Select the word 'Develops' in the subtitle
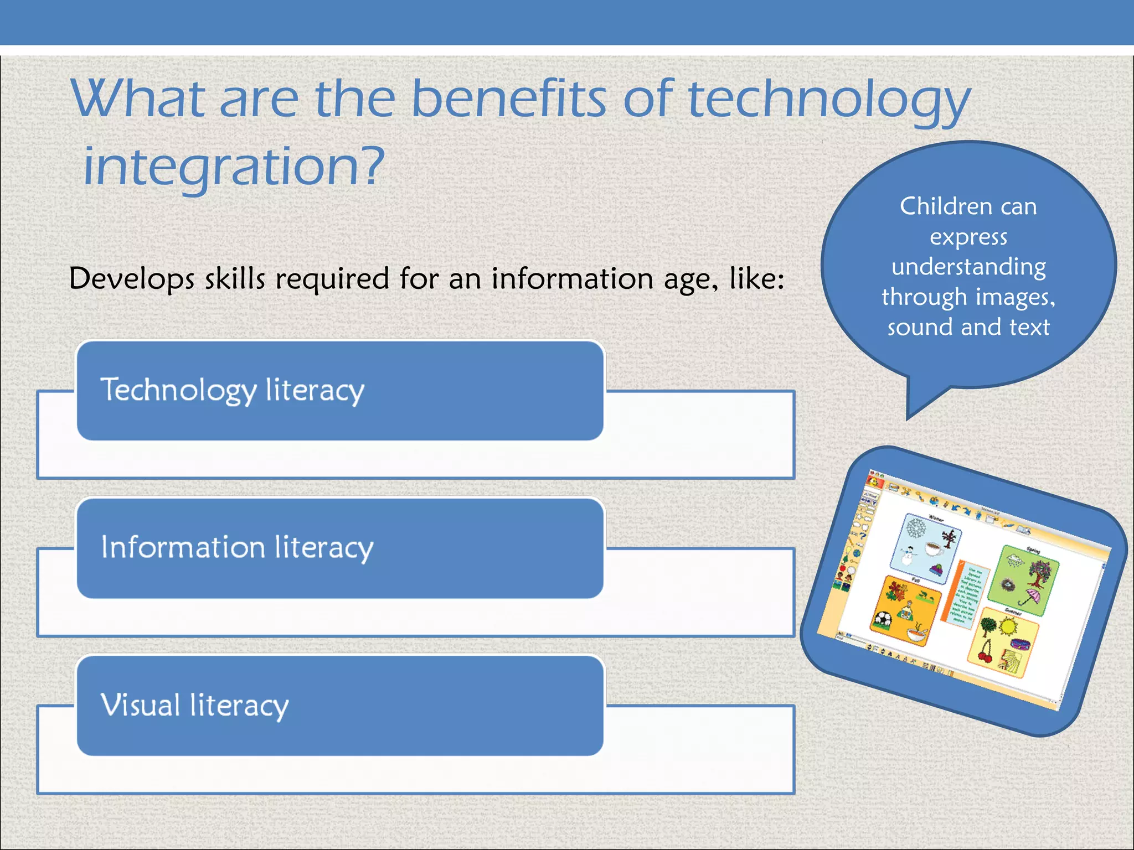point(132,278)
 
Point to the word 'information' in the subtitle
point(573,278)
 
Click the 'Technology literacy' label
point(232,390)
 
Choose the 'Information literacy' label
point(237,548)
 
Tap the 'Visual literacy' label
point(194,706)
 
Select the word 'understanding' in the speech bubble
point(968,267)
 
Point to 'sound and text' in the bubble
point(968,327)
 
